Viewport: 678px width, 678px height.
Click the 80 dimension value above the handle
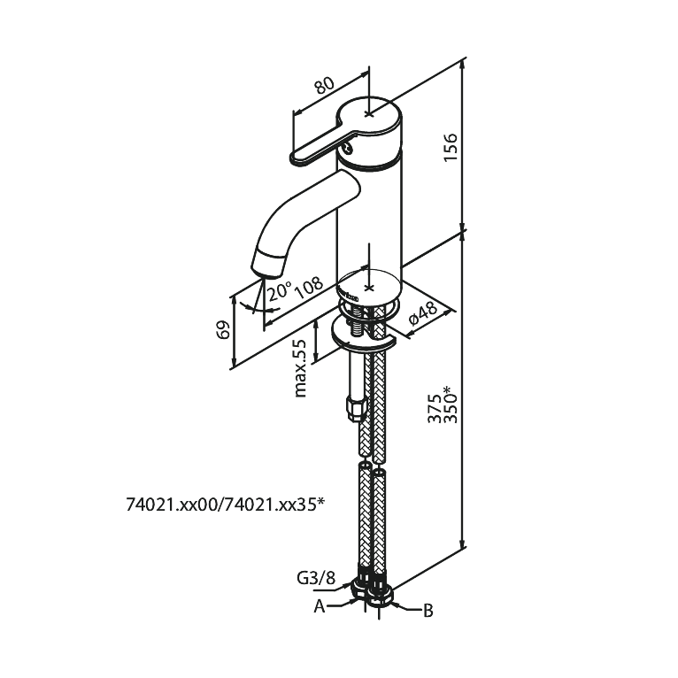click(x=324, y=86)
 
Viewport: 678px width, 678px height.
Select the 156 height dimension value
click(x=451, y=148)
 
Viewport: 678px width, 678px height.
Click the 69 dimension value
click(x=223, y=330)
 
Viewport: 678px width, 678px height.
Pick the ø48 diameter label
click(x=422, y=313)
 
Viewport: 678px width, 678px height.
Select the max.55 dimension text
click(x=299, y=368)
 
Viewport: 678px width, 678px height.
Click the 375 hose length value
click(x=435, y=408)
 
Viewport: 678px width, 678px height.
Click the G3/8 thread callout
click(x=316, y=578)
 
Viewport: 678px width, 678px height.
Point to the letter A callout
click(x=320, y=606)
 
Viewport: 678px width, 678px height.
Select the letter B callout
click(x=428, y=611)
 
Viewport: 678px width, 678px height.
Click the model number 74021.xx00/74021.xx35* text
click(x=226, y=505)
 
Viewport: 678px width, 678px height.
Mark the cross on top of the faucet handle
click(x=368, y=113)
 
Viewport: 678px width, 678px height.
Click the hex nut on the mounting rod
click(x=356, y=409)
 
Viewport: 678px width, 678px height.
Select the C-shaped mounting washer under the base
click(x=363, y=335)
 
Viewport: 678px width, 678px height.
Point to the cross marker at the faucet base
click(x=369, y=288)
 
